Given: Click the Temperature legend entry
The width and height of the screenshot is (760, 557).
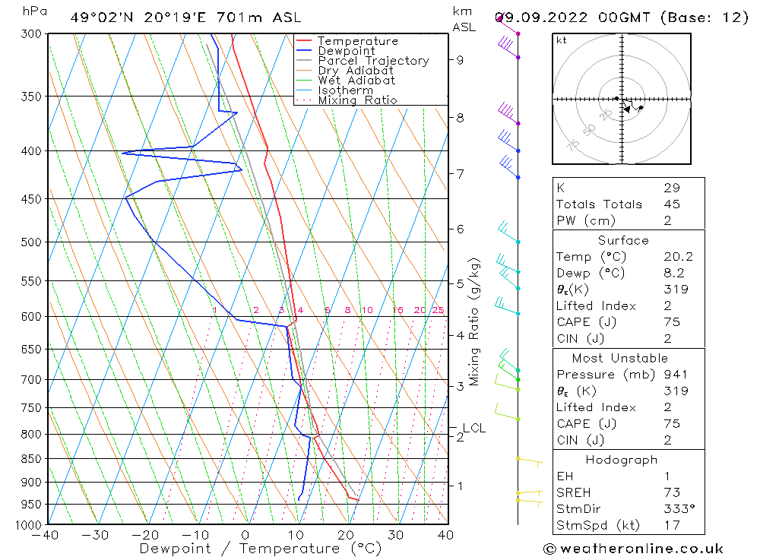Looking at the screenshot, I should pyautogui.click(x=357, y=41).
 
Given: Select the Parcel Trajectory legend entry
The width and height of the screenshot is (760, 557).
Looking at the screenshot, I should pyautogui.click(x=373, y=61).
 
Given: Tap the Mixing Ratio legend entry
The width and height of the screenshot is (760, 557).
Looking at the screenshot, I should pyautogui.click(x=357, y=100).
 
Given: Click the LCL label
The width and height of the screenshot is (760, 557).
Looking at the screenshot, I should pyautogui.click(x=473, y=428).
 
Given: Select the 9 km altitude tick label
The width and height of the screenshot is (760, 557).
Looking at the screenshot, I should pyautogui.click(x=461, y=59).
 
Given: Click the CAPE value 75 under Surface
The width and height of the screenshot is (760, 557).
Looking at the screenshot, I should pyautogui.click(x=671, y=322).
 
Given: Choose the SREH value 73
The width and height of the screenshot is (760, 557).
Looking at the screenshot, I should pyautogui.click(x=671, y=492).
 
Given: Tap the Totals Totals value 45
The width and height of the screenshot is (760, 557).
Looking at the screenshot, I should pyautogui.click(x=671, y=204).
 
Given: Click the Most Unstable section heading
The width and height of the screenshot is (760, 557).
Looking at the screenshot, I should pyautogui.click(x=620, y=358).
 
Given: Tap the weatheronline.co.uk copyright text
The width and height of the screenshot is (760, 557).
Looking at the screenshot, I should pyautogui.click(x=634, y=548).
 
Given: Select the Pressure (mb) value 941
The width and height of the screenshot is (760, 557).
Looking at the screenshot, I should pyautogui.click(x=675, y=375).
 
